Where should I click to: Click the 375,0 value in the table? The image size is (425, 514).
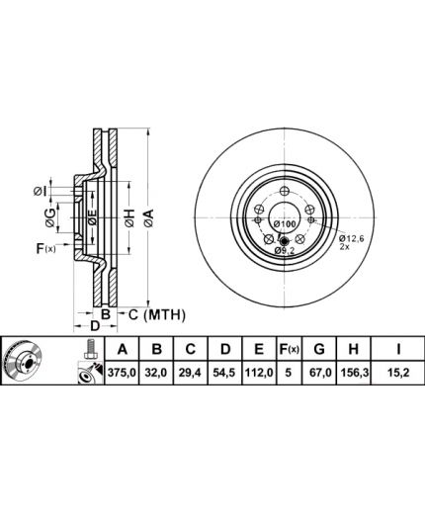(x=122, y=373)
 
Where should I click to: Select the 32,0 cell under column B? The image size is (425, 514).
(x=156, y=373)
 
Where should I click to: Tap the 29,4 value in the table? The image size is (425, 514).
(x=191, y=373)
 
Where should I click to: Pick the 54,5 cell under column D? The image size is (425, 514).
(x=224, y=373)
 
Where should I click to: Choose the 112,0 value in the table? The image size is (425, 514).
(x=259, y=373)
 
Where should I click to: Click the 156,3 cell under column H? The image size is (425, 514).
(x=354, y=373)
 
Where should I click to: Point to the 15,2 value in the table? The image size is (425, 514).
(x=398, y=373)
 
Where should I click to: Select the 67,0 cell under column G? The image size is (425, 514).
(x=319, y=373)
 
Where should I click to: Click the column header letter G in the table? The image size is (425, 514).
(x=319, y=349)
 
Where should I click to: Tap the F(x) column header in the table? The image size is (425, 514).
(x=289, y=349)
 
